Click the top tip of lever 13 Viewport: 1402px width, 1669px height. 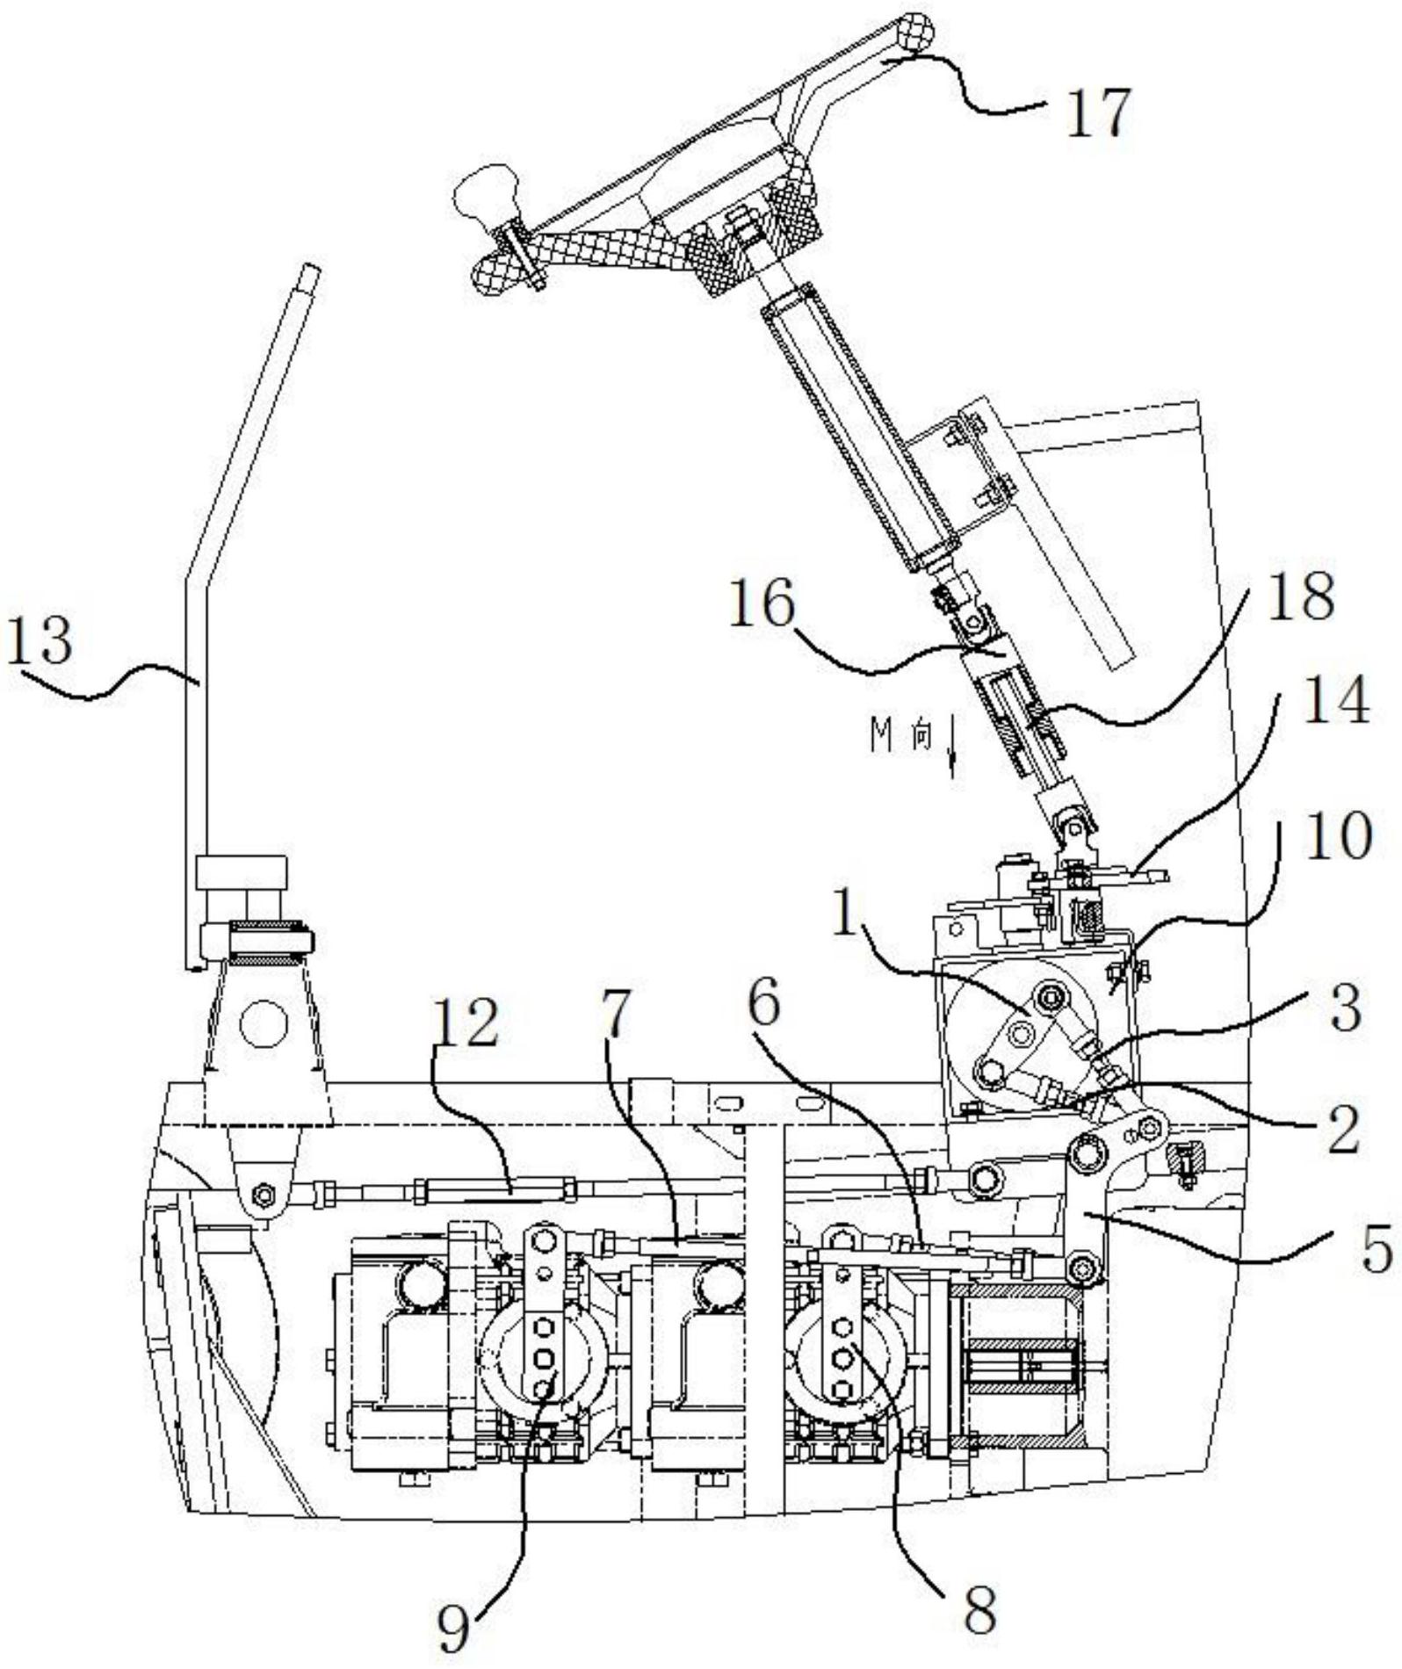(x=311, y=271)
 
